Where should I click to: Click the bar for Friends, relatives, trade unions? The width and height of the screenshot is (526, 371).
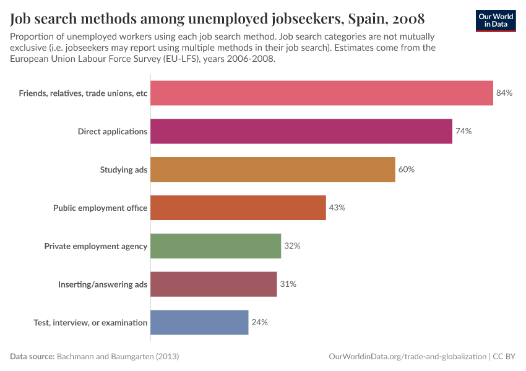click(x=322, y=93)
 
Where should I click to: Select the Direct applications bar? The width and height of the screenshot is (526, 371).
click(x=301, y=131)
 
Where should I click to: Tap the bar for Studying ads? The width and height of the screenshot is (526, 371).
click(x=273, y=169)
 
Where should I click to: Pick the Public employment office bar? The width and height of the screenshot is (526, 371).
click(x=238, y=208)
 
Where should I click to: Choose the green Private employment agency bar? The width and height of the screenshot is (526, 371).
click(x=216, y=246)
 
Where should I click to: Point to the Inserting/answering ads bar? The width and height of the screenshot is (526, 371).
click(x=213, y=284)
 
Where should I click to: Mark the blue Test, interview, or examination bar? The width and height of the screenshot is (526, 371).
click(x=199, y=322)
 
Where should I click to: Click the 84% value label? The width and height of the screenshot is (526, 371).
click(x=504, y=93)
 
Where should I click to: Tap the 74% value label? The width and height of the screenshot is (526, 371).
click(x=463, y=131)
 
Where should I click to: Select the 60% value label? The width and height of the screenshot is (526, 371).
click(x=406, y=169)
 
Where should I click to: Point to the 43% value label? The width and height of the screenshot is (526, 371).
click(x=337, y=208)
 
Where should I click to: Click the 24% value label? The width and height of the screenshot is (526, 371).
click(x=259, y=322)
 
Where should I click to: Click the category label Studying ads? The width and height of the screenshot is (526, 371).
click(x=124, y=169)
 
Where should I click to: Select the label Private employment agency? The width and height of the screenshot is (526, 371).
click(x=96, y=246)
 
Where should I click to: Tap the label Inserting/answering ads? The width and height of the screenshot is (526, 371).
click(x=103, y=284)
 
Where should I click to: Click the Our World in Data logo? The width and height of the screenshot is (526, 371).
click(x=496, y=20)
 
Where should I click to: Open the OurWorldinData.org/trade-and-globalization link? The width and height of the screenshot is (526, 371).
click(x=408, y=357)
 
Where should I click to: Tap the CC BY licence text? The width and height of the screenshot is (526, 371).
click(x=504, y=357)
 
